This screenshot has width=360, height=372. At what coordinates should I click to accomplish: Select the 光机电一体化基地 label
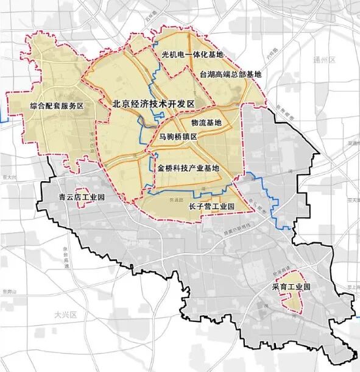click(193, 55)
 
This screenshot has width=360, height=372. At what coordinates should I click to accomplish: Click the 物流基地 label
click(207, 122)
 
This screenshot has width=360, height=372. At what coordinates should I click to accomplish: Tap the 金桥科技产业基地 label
click(188, 167)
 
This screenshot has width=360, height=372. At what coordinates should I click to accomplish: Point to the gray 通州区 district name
click(324, 61)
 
